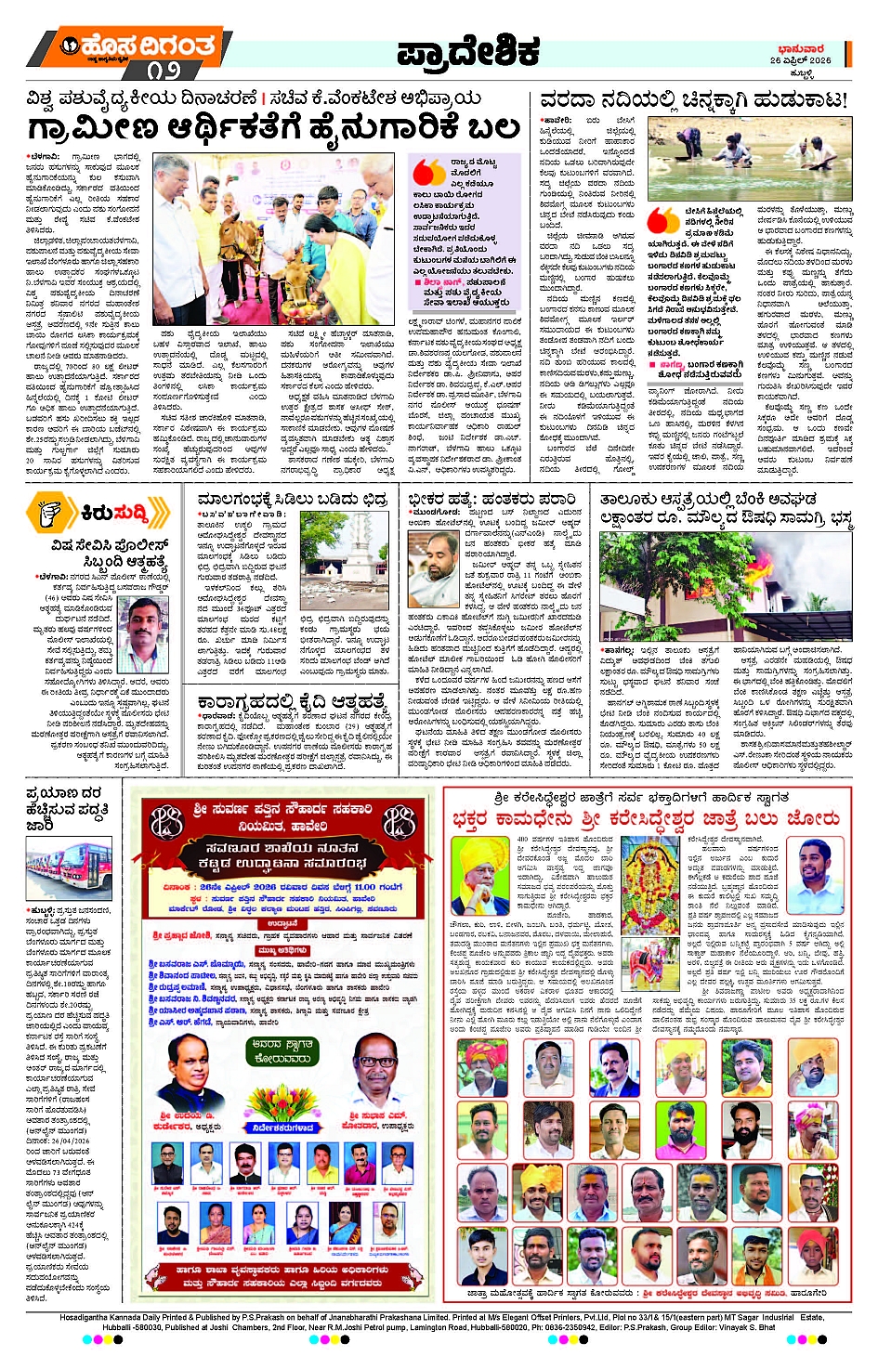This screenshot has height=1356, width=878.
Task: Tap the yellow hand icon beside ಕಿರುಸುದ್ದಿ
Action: click(x=52, y=514)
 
